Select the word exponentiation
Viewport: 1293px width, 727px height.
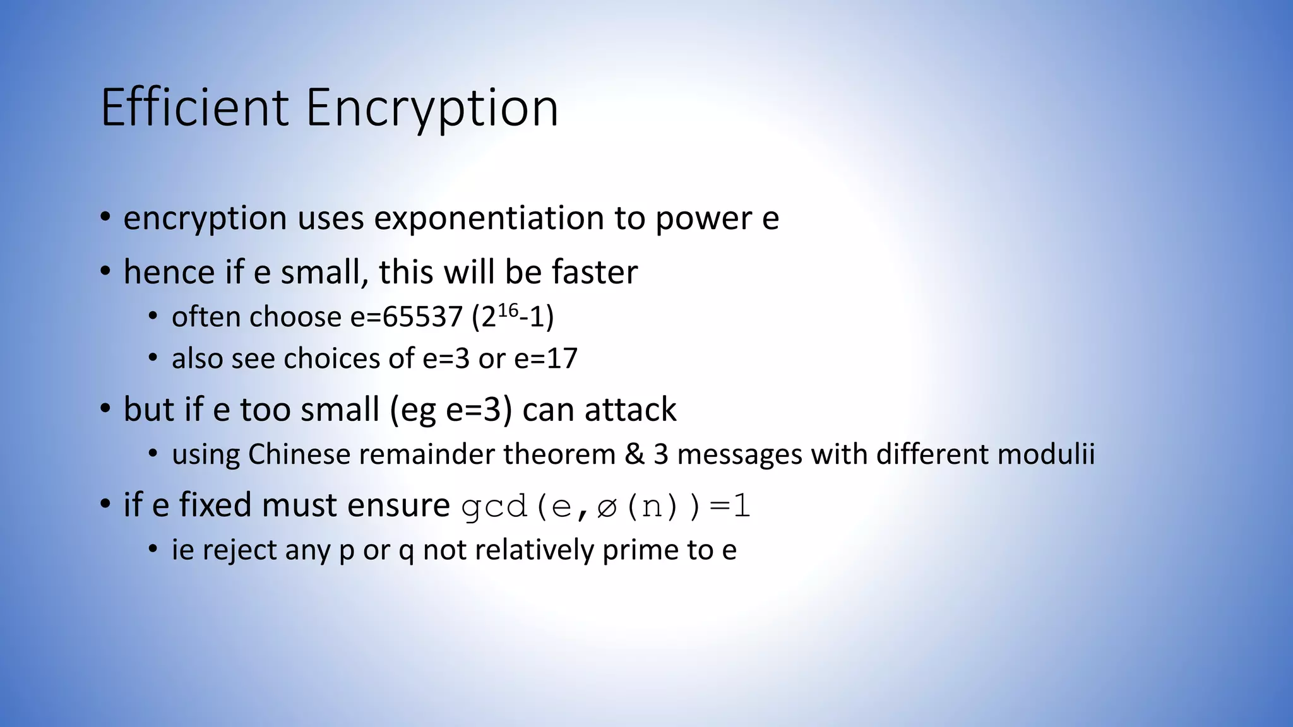(489, 218)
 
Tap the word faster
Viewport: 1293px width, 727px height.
(595, 273)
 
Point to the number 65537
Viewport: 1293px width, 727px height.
(422, 317)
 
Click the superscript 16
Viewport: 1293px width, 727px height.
(508, 310)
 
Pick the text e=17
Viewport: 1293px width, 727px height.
(546, 358)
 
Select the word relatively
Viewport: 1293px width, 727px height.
(534, 550)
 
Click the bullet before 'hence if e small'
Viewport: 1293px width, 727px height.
(105, 273)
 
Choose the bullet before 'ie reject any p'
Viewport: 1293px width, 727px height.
(153, 550)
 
